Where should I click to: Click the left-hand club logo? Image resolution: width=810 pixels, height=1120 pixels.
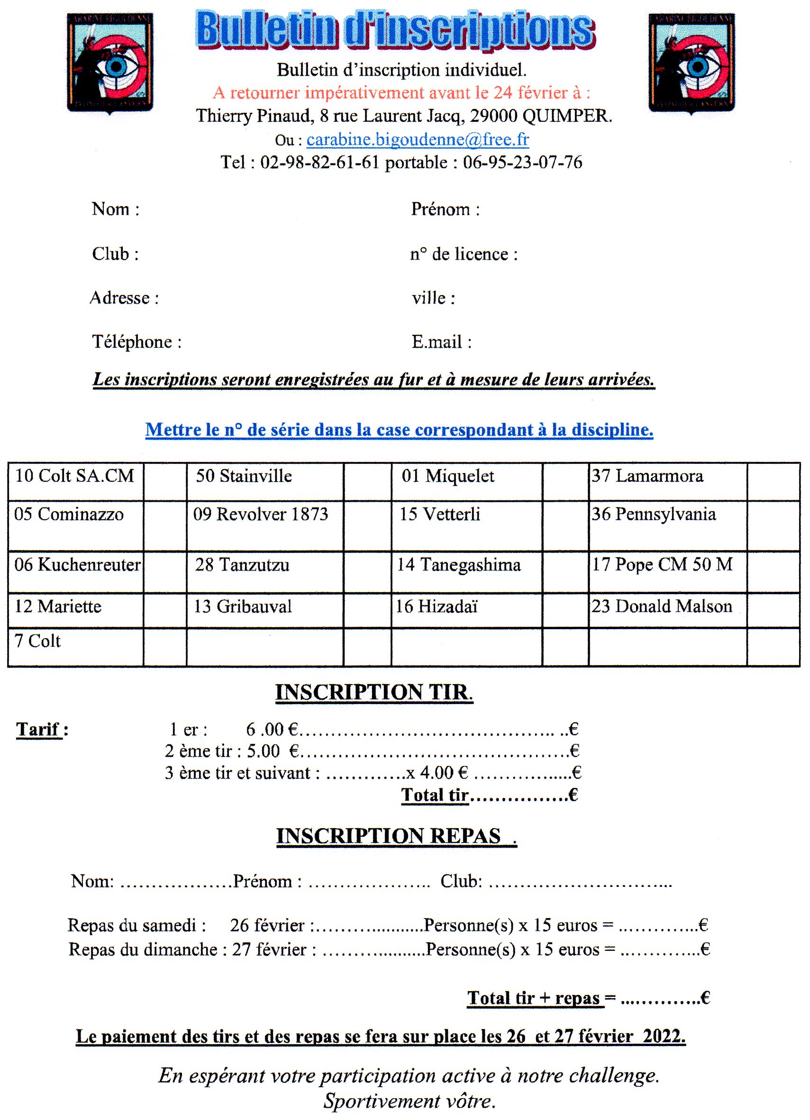[110, 63]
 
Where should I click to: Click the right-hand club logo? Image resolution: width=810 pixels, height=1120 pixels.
[692, 63]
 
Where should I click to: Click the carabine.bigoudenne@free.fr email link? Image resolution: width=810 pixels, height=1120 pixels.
[418, 140]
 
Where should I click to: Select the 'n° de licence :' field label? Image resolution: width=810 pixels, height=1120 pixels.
[464, 254]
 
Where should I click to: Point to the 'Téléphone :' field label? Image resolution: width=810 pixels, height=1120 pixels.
[137, 342]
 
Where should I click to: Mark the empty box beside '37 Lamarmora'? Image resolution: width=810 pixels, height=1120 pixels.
[773, 481]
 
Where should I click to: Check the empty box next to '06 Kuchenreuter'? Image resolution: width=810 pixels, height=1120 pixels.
[165, 571]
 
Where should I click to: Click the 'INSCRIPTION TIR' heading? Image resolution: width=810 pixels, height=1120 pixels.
[373, 692]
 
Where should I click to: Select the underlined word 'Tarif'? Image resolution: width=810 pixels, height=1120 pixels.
[38, 730]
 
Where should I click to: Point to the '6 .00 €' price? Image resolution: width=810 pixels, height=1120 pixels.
[272, 730]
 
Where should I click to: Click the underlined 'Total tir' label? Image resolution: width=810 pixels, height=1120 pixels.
[435, 795]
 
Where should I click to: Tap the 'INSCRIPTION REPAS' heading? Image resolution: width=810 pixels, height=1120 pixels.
[389, 836]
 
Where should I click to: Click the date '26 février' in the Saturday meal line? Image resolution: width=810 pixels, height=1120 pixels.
[267, 925]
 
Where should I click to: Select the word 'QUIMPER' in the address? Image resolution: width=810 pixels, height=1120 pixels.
[566, 116]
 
